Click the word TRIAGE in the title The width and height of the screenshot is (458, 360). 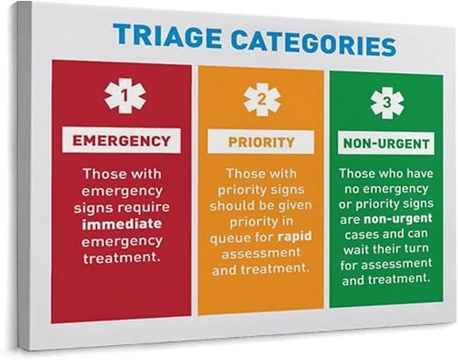pos(167,36)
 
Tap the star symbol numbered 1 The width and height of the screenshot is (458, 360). pos(125,96)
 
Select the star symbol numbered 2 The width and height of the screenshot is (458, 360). pos(262,99)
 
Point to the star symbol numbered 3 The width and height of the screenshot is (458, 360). pos(387,103)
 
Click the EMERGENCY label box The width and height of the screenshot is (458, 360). pos(122,140)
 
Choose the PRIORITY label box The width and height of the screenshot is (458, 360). pos(261,143)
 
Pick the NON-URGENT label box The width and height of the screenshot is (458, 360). pos(386,143)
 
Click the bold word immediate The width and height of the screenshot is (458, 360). pos(122,224)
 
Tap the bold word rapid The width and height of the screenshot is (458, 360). pos(294,237)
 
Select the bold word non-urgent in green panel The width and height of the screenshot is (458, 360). pos(398,219)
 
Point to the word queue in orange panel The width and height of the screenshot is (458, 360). pos(226,239)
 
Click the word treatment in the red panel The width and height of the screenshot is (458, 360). pos(122,258)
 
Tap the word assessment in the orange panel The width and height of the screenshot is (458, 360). pos(261,253)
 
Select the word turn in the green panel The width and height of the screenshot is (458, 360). pos(416,249)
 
